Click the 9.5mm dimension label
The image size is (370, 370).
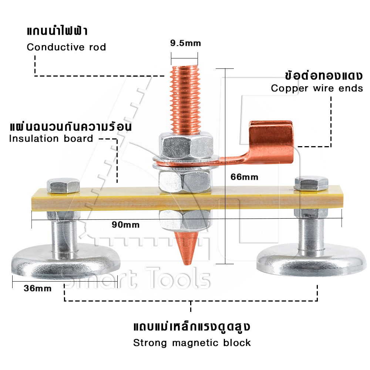coord(185,43)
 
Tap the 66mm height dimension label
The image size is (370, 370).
coord(244,177)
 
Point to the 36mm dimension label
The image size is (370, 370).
coord(37,288)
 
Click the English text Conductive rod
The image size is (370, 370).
coord(66,47)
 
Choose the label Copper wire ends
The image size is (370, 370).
coord(317,88)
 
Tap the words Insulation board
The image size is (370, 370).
coord(51,139)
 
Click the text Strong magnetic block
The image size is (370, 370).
coord(192,343)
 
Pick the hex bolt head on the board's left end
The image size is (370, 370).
coord(63,186)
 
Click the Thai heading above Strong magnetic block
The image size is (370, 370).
coord(192,327)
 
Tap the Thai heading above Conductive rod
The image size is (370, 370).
coord(57,31)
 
